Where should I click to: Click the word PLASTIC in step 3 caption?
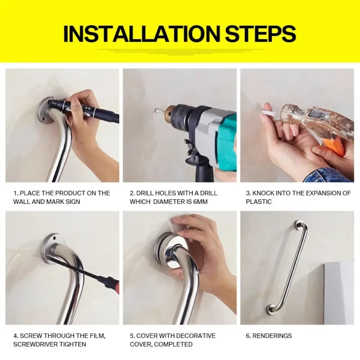[258, 202]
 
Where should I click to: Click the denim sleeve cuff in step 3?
[326, 176]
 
